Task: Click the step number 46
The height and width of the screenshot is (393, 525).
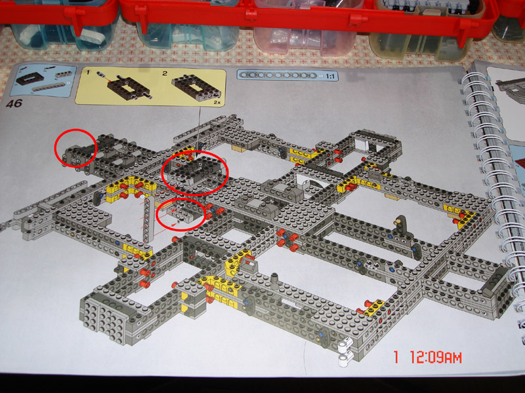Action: [x=14, y=103]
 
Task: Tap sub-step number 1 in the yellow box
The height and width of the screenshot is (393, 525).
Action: [x=88, y=73]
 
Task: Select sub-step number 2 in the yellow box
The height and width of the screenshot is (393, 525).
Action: [x=165, y=73]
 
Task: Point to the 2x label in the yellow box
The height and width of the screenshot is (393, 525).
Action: [x=217, y=103]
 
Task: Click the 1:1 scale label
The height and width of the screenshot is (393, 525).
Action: [x=330, y=77]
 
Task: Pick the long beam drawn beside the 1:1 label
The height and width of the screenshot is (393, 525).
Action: [x=280, y=75]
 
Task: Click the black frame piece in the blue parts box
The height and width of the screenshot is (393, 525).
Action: [x=30, y=78]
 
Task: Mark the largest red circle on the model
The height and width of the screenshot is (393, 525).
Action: [x=194, y=173]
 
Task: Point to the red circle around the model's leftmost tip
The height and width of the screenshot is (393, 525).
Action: [x=76, y=148]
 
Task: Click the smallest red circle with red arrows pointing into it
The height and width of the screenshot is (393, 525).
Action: [x=181, y=214]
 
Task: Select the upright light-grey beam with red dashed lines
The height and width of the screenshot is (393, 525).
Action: [x=148, y=219]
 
